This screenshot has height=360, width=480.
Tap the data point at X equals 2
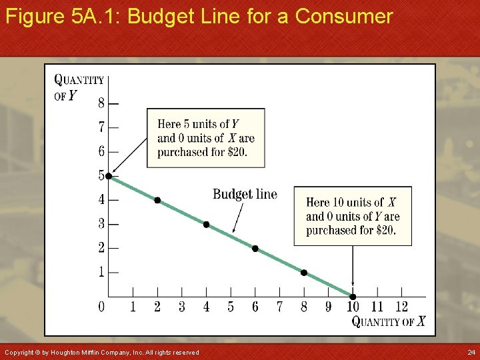tap(157, 200)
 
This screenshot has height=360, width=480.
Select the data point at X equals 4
tap(206, 224)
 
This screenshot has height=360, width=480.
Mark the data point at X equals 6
tap(255, 249)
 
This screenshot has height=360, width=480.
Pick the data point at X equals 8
tap(304, 273)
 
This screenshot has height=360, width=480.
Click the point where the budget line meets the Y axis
tap(109, 176)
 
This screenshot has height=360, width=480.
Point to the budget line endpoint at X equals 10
tap(353, 297)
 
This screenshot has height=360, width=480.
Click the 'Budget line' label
tap(245, 194)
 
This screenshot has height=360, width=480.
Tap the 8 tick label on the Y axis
tap(101, 103)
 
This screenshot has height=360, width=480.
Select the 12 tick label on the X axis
tap(401, 307)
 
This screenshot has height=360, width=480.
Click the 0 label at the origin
tap(101, 307)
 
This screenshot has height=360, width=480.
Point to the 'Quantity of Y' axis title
tap(78, 87)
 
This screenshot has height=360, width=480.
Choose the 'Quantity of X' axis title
tap(388, 322)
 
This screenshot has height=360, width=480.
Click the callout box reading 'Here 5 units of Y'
tap(205, 138)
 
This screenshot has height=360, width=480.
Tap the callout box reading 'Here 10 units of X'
tap(352, 216)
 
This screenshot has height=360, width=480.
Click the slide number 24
tap(471, 352)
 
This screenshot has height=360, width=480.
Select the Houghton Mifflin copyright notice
tap(101, 352)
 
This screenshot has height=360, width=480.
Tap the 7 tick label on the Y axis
tap(101, 127)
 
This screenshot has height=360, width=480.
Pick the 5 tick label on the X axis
tap(231, 307)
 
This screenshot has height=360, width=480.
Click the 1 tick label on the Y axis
tap(101, 272)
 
